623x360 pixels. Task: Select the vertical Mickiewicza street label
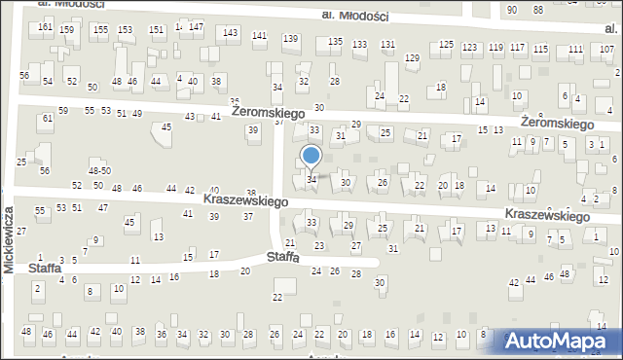click(x=9, y=237)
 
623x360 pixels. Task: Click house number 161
click(x=46, y=27)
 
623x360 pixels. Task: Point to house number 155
click(x=101, y=30)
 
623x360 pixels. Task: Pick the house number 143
click(x=230, y=33)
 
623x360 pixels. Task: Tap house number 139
click(x=290, y=38)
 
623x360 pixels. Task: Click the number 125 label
click(x=447, y=45)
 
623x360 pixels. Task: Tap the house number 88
click(x=537, y=9)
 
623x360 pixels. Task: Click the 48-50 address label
click(x=99, y=171)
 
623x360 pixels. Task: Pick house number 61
click(x=47, y=119)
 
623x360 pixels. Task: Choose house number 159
click(x=66, y=30)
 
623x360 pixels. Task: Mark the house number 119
click(x=495, y=48)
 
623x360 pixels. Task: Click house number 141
click(x=259, y=36)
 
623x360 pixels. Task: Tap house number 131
click(x=387, y=45)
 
